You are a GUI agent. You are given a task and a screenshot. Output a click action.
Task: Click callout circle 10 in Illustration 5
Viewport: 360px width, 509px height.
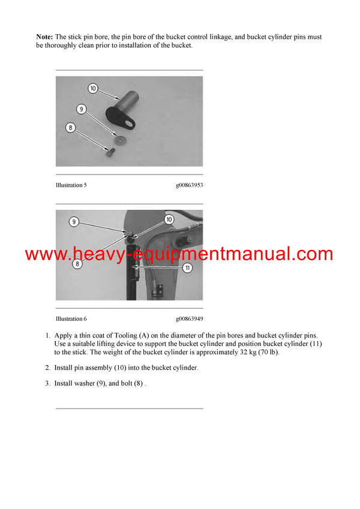click(x=92, y=89)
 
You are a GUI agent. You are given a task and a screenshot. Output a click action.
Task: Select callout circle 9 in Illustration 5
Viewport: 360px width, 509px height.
click(x=82, y=109)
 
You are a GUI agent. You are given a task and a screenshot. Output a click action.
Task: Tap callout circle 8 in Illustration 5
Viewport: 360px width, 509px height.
click(x=71, y=127)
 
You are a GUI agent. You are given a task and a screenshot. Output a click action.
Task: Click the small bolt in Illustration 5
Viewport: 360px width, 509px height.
click(x=109, y=152)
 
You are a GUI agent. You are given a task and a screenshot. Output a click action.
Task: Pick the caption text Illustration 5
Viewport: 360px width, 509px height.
click(x=71, y=185)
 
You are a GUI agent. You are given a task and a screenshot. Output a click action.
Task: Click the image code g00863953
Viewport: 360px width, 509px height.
click(x=189, y=185)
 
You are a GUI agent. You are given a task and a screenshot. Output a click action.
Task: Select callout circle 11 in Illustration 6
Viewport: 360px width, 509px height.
click(x=187, y=268)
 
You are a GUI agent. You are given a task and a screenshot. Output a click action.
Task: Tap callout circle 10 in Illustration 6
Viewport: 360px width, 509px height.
click(x=169, y=220)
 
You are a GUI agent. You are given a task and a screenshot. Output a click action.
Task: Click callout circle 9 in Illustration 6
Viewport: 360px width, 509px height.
click(x=74, y=222)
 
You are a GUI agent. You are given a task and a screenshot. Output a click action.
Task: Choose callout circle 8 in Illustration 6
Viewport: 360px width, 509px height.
click(x=77, y=263)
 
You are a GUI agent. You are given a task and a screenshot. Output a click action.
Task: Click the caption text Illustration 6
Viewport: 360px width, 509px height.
click(x=71, y=319)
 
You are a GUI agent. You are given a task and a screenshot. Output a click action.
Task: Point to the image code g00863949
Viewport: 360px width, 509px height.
click(x=189, y=319)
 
